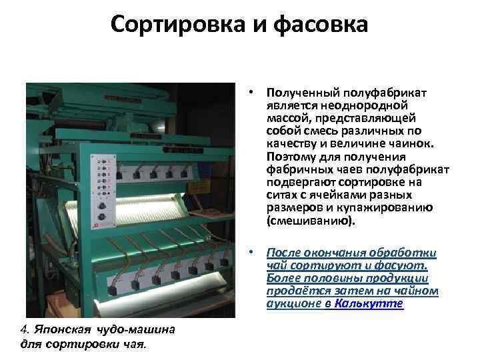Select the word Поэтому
(x=290, y=155)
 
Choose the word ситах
(x=282, y=195)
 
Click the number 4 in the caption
(x=24, y=329)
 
